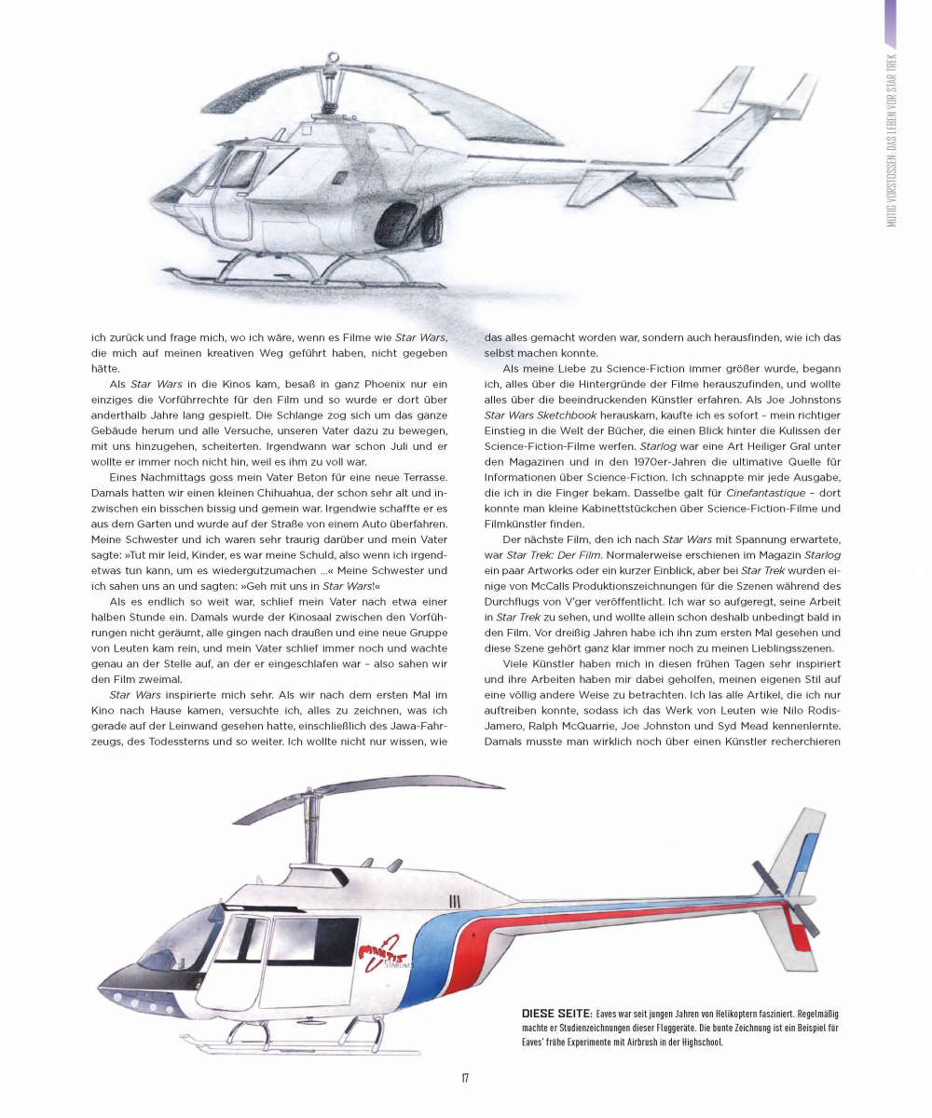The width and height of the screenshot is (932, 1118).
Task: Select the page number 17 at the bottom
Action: tap(464, 1078)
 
